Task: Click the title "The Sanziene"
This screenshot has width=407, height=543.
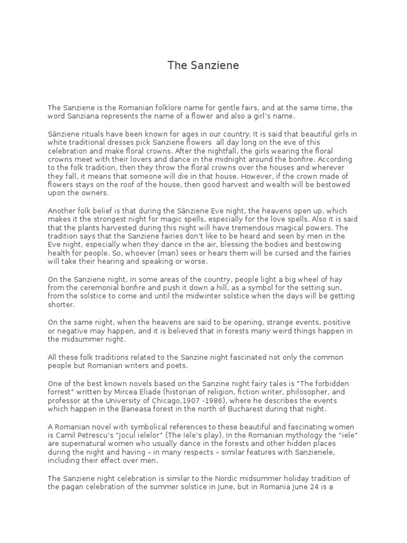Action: tap(203, 66)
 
